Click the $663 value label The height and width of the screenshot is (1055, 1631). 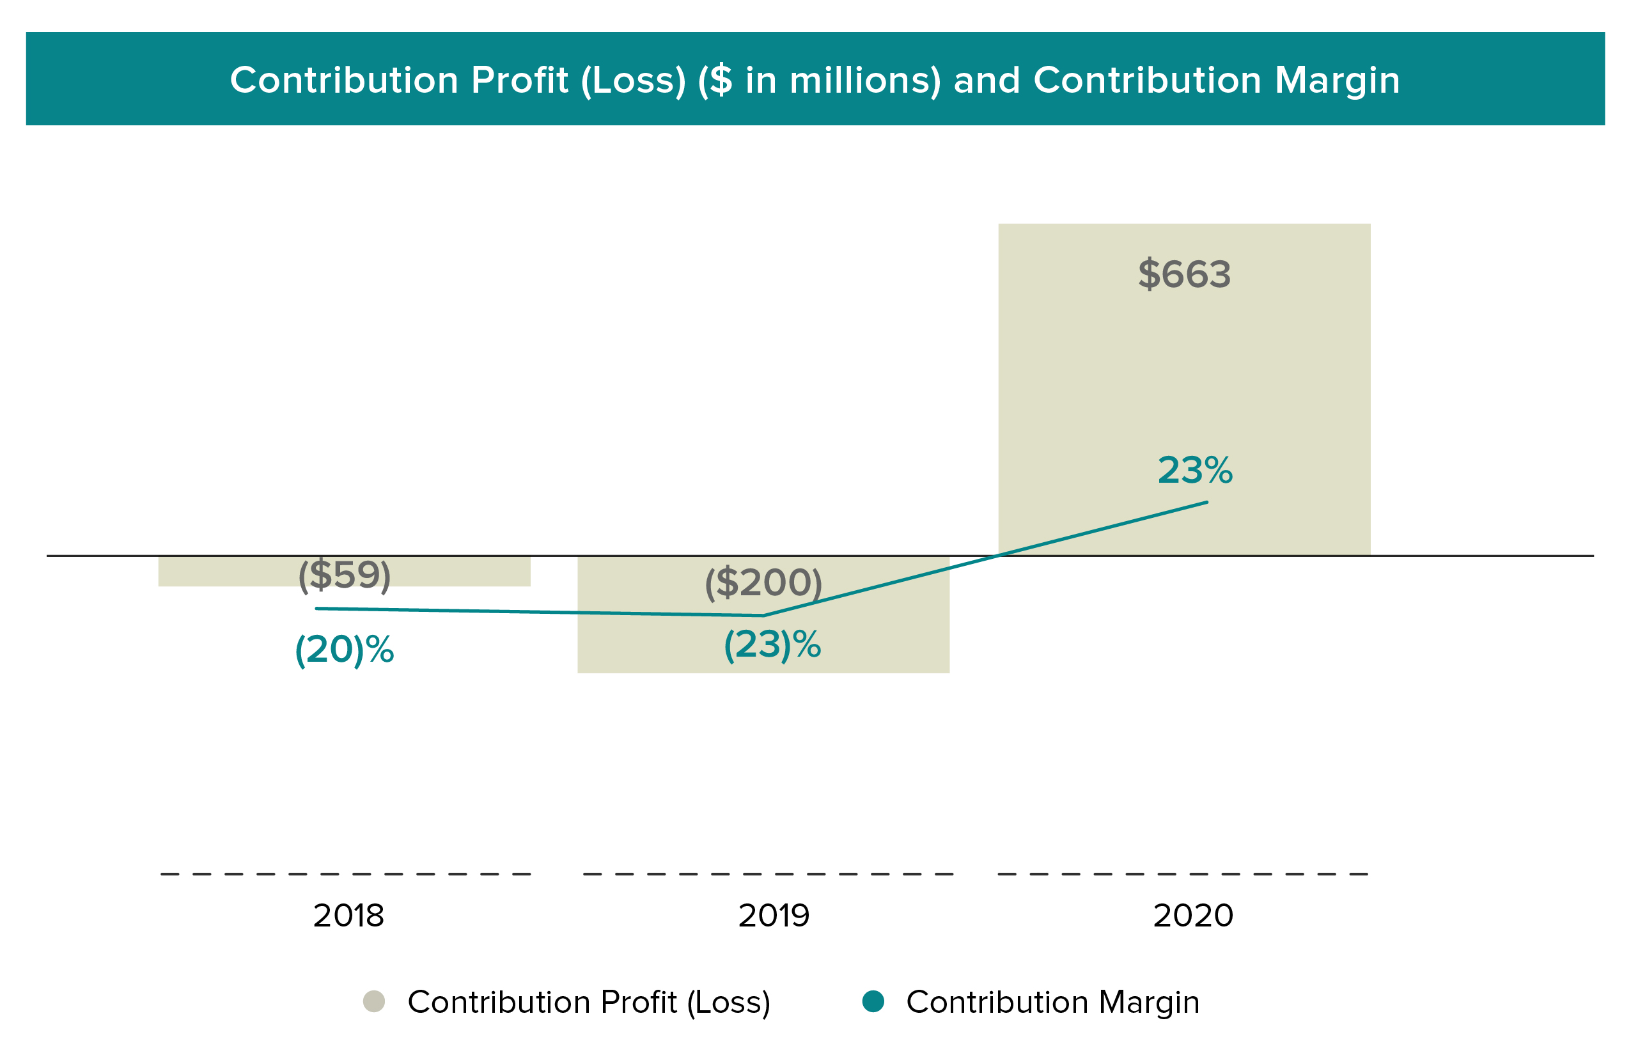coord(1183,274)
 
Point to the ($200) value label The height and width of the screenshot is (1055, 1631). coord(763,583)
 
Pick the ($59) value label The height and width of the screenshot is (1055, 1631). coord(344,574)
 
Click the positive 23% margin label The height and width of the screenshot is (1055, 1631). coord(1195,471)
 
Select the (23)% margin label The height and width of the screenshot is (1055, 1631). coord(772,645)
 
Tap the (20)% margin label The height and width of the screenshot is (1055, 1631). coord(344,650)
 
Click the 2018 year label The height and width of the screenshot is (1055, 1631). coord(348,916)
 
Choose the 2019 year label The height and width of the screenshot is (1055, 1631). coord(774,916)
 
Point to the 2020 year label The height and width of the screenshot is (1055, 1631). coord(1192,916)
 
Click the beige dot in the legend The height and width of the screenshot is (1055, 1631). coord(374,1001)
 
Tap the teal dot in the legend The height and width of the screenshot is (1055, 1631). coord(873,1001)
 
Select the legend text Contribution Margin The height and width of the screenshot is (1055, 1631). coord(1052,1003)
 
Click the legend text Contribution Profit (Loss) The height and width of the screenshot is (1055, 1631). coord(588,1003)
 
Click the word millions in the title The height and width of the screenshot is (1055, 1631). coord(864,80)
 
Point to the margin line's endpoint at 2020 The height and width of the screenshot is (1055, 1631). coord(1206,502)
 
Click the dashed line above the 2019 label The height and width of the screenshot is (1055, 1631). coord(768,874)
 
